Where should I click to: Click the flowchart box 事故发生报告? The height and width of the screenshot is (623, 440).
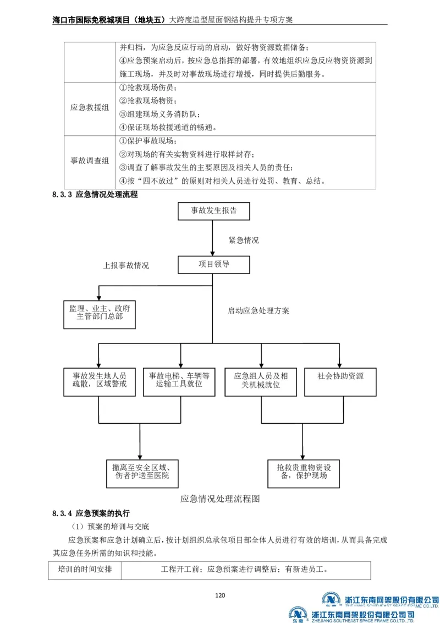(213, 211)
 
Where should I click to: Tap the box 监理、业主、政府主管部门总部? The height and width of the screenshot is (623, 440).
(100, 313)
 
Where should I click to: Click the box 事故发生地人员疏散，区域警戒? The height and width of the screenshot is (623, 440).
(100, 380)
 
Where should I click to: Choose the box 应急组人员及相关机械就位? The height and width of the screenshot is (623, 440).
(261, 380)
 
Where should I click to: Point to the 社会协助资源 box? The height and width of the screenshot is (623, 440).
(340, 377)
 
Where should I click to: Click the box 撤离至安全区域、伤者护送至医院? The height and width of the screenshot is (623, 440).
(142, 472)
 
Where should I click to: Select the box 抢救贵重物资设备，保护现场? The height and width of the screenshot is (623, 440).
(302, 472)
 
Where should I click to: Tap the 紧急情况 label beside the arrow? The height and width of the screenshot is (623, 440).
(244, 241)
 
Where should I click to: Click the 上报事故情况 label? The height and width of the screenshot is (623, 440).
(126, 265)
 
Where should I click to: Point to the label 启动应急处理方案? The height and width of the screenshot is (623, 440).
(258, 310)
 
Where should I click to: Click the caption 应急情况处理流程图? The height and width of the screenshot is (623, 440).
(219, 500)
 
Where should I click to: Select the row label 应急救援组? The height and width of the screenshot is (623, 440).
(90, 108)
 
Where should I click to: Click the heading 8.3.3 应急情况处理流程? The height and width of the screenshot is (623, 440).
(95, 195)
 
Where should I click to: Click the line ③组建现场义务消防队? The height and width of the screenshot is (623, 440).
(159, 114)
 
